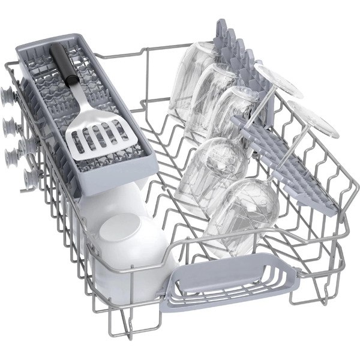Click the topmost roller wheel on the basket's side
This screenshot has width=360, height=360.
tap(8, 94)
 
